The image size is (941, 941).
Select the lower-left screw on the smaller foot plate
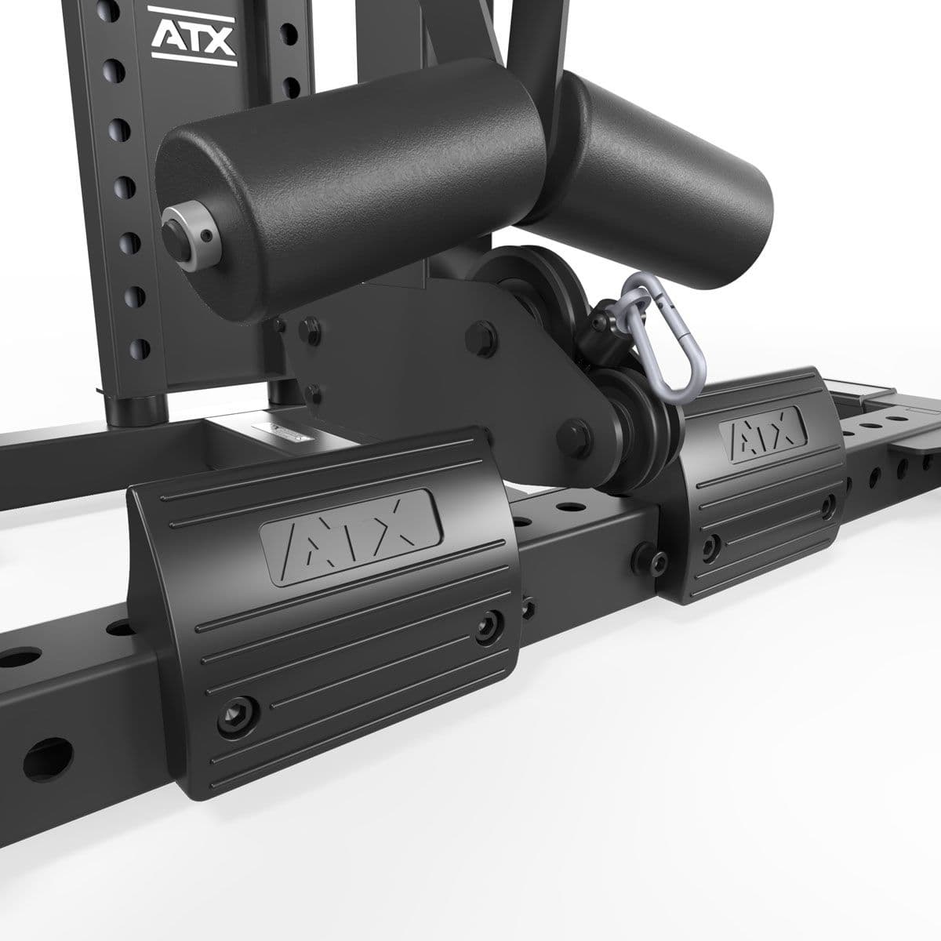click(x=710, y=543)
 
